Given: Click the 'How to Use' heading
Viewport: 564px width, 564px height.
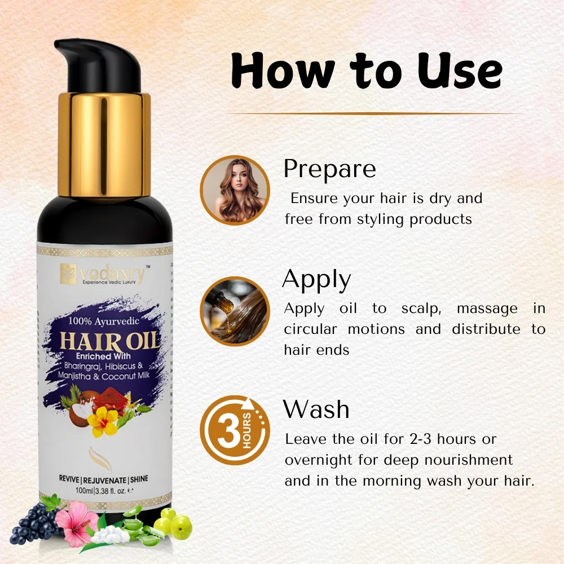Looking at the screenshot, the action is pyautogui.click(x=367, y=70).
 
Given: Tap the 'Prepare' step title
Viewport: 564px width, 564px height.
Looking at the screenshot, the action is pyautogui.click(x=329, y=169).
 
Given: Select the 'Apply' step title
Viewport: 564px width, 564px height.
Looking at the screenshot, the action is pyautogui.click(x=316, y=280).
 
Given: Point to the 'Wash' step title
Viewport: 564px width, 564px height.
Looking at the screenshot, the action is pyautogui.click(x=316, y=409).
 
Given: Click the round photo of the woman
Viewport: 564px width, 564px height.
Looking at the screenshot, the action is pyautogui.click(x=235, y=190).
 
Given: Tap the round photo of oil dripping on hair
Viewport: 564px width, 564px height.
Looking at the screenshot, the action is pyautogui.click(x=235, y=311).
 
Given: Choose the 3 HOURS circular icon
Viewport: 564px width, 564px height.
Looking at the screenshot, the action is pyautogui.click(x=235, y=430).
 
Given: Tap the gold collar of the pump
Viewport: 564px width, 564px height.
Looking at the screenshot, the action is pyautogui.click(x=104, y=144).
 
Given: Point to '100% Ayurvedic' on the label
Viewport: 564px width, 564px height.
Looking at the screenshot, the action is pyautogui.click(x=104, y=321).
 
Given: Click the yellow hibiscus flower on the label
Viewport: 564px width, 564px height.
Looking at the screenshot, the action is pyautogui.click(x=103, y=422).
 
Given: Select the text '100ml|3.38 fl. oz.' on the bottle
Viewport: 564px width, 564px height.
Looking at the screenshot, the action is pyautogui.click(x=104, y=490).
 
